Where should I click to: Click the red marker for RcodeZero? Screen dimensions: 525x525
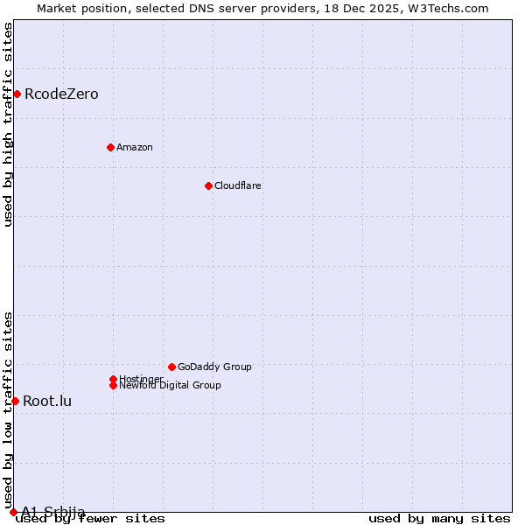point(17,94)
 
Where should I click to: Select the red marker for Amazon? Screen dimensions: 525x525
point(110,147)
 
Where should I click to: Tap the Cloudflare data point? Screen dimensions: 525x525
point(208,185)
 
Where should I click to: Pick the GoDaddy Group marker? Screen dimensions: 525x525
point(171,367)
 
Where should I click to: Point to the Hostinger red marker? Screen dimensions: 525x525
point(113,379)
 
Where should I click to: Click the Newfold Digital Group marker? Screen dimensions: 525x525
point(113,385)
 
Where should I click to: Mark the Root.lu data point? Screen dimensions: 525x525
point(15,401)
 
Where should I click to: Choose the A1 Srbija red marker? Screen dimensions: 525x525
point(13,512)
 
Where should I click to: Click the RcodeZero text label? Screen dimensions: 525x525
point(61,94)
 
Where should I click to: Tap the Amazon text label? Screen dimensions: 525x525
point(135,147)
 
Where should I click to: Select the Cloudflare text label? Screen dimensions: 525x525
point(238,185)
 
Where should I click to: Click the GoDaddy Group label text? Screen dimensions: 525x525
point(214,367)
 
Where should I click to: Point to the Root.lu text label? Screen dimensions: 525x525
point(47,402)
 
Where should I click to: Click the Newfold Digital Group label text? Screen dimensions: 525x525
point(170,385)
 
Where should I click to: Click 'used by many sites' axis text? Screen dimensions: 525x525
point(439,519)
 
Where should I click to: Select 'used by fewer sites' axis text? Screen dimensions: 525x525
point(91,519)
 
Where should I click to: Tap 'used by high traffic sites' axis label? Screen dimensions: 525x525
point(9,124)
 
